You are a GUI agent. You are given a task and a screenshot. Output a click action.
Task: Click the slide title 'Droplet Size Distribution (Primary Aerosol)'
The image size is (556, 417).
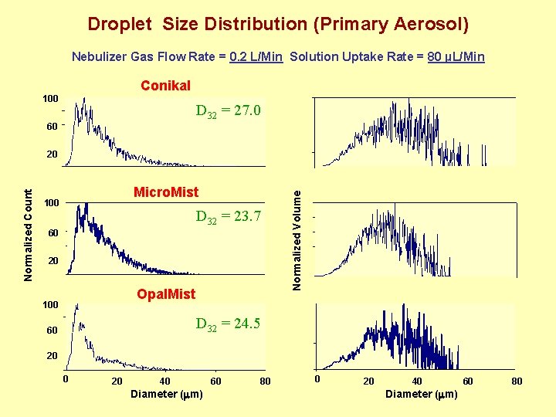278,24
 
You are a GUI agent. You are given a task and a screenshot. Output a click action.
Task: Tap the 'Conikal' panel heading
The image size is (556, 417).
165,86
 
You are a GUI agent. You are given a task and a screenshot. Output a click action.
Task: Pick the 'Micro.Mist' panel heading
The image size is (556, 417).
166,192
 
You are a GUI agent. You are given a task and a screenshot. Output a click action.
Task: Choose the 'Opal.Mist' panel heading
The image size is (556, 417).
166,294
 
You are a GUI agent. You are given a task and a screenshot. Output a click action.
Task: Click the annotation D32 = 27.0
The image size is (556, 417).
229,112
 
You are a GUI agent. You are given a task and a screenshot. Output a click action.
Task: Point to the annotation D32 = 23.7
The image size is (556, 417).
229,217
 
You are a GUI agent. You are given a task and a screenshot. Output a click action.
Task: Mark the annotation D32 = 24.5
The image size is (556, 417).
229,324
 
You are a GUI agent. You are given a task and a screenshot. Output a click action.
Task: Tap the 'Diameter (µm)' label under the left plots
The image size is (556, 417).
166,395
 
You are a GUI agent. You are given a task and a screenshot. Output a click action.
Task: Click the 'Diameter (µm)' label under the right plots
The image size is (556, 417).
422,395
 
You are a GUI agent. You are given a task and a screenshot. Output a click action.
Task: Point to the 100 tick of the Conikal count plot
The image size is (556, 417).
50,100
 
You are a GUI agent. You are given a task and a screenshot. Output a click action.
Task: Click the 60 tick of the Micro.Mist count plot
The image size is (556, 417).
52,233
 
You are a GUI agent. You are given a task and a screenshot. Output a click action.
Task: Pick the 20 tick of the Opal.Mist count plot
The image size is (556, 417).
52,356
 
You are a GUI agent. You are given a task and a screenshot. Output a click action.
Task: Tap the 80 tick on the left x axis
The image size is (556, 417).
265,381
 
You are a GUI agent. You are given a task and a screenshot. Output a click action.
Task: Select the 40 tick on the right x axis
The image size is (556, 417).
417,381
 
